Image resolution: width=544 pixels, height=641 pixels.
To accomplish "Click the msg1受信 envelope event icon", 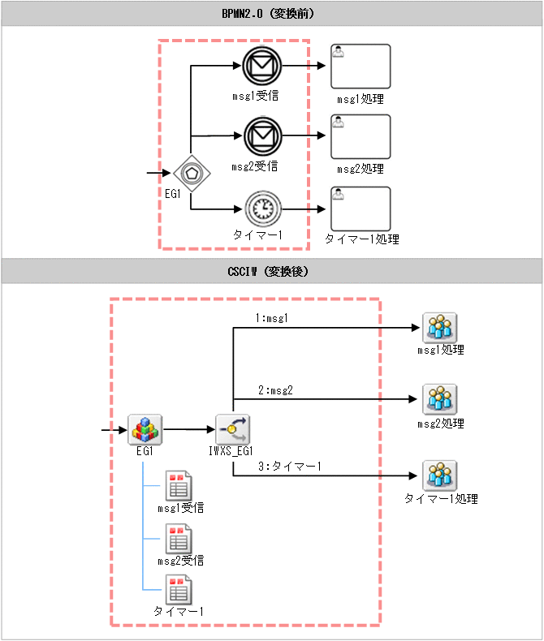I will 261,67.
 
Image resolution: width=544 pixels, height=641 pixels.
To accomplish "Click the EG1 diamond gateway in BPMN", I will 192,173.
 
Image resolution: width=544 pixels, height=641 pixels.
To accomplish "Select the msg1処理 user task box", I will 361,67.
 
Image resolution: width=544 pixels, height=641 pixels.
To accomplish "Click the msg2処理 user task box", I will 361,136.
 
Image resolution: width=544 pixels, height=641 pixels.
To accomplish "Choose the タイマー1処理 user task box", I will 361,209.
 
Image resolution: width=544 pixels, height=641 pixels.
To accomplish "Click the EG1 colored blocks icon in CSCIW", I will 146,428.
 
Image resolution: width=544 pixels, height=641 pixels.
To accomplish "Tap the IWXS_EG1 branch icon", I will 233,428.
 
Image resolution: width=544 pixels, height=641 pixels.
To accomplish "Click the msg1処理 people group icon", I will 439,328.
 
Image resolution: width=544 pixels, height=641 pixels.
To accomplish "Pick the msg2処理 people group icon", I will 439,400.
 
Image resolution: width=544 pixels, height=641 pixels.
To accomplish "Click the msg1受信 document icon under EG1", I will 178,486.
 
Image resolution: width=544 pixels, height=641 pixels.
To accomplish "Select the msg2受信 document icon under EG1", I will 178,538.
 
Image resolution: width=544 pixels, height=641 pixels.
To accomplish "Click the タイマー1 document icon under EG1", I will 178,590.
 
